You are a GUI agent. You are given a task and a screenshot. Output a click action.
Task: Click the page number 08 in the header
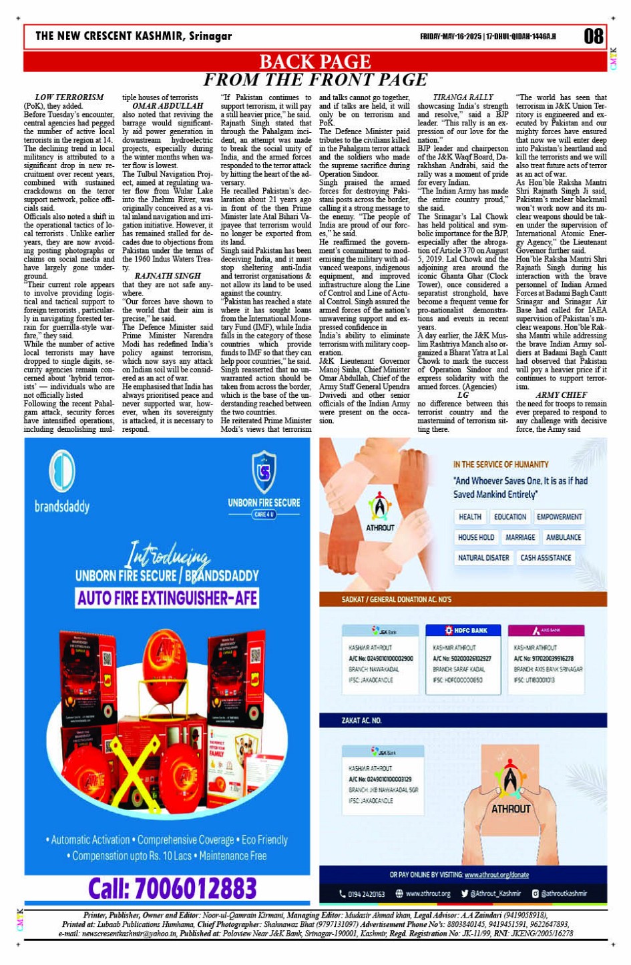tap(593, 35)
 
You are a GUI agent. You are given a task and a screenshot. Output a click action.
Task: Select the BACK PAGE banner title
tap(314, 61)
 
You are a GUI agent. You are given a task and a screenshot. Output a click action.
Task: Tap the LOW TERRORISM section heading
tap(69, 97)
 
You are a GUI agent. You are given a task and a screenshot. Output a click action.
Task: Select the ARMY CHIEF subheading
tap(561, 394)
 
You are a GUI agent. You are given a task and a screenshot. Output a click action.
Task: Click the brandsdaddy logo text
tap(62, 507)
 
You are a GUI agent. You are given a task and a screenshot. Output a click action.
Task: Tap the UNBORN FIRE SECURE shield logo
tap(264, 471)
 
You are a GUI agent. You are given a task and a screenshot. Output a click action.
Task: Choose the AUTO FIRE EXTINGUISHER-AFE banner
tap(167, 597)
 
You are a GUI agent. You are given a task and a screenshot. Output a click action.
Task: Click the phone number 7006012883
tap(172, 888)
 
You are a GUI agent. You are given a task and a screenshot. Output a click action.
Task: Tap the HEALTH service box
tap(470, 517)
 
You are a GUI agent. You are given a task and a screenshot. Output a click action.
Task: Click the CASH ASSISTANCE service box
tap(546, 558)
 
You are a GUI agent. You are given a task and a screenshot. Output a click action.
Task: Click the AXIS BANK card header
tap(546, 630)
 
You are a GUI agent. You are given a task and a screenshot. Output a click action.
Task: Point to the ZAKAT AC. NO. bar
tap(361, 721)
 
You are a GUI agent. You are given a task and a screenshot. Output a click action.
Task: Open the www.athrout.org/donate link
tap(496, 874)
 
